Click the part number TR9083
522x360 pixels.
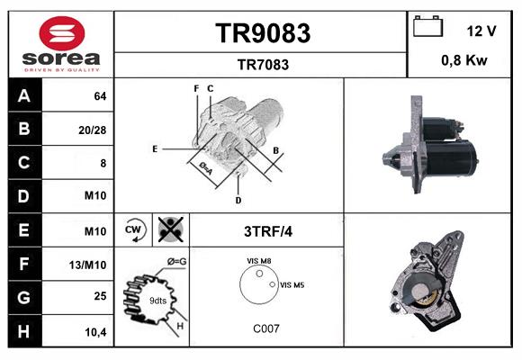[262, 34]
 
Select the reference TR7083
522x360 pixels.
[262, 64]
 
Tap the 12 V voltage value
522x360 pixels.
[481, 31]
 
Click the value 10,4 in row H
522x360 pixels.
[94, 332]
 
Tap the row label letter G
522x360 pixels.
[24, 296]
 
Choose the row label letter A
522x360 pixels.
[24, 95]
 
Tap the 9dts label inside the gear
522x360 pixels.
[157, 300]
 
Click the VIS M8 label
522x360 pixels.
[260, 261]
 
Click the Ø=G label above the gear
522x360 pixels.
[176, 262]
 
